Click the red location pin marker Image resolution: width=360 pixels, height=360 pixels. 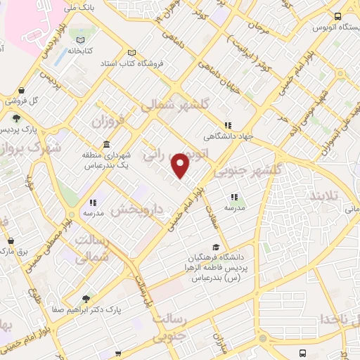[181, 165]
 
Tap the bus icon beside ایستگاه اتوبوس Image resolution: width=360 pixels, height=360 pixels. [338, 16]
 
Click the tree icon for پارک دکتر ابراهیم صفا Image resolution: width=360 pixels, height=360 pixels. [86, 298]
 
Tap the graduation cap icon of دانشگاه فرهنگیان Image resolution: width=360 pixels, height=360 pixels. [216, 247]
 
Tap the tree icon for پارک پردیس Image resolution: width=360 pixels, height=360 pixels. [15, 119]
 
